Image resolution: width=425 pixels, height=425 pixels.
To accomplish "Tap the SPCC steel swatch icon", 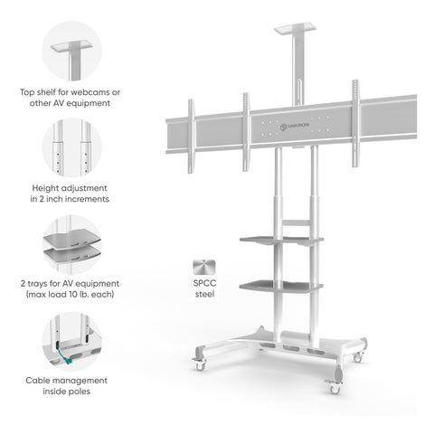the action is coord(204,268).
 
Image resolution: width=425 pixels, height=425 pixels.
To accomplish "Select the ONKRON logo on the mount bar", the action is coord(295,127).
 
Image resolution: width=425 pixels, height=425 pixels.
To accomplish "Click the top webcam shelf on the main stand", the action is coord(295,29).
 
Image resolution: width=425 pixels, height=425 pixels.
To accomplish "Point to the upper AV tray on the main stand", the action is coord(281,241).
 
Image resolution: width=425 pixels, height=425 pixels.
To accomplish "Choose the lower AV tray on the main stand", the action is coord(281,286).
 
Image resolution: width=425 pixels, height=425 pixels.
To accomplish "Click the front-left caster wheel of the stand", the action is coord(200,364).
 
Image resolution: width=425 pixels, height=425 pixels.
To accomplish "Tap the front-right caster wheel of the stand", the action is coord(334,388).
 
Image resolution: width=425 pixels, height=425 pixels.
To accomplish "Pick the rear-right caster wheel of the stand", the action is coord(358,357).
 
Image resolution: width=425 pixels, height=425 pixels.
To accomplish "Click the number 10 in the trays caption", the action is coord(73,294).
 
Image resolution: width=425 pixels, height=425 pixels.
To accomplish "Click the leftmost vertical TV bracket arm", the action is coord(191,137).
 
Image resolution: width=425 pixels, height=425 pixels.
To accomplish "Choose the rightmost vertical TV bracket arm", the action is coord(355,124).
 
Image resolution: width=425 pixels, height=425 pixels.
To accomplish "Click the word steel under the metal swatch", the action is coord(204,294).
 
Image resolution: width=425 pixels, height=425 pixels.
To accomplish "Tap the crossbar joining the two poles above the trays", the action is coord(296,222).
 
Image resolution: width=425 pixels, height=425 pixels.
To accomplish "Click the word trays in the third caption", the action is coord(37,284).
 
